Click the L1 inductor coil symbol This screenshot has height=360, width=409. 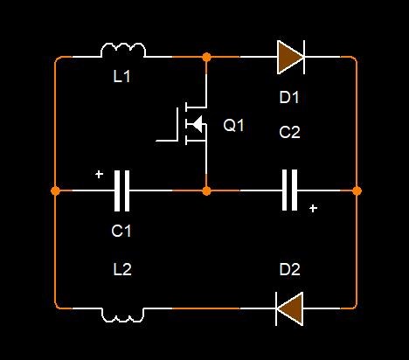tap(123, 46)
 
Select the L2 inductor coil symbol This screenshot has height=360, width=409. tap(122, 318)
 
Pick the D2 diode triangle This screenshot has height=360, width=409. tap(289, 308)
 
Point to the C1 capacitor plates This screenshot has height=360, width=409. tap(121, 190)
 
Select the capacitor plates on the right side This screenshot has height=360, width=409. tap(289, 190)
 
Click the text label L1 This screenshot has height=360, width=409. tap(121, 77)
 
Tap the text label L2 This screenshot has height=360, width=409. tap(122, 269)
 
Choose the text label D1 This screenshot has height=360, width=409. tap(289, 97)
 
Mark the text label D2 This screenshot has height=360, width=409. tap(289, 269)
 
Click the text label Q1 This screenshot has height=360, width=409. tap(233, 126)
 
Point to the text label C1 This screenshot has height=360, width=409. tap(121, 231)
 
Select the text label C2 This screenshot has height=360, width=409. tap(289, 132)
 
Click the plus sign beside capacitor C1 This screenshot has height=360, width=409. tap(100, 175)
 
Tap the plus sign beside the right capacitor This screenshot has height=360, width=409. tap(313, 209)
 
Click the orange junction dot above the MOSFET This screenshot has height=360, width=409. tap(206, 57)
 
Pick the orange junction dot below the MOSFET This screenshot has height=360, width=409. tap(206, 191)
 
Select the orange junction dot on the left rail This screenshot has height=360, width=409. tap(55, 191)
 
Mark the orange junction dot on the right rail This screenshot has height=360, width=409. tap(357, 191)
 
